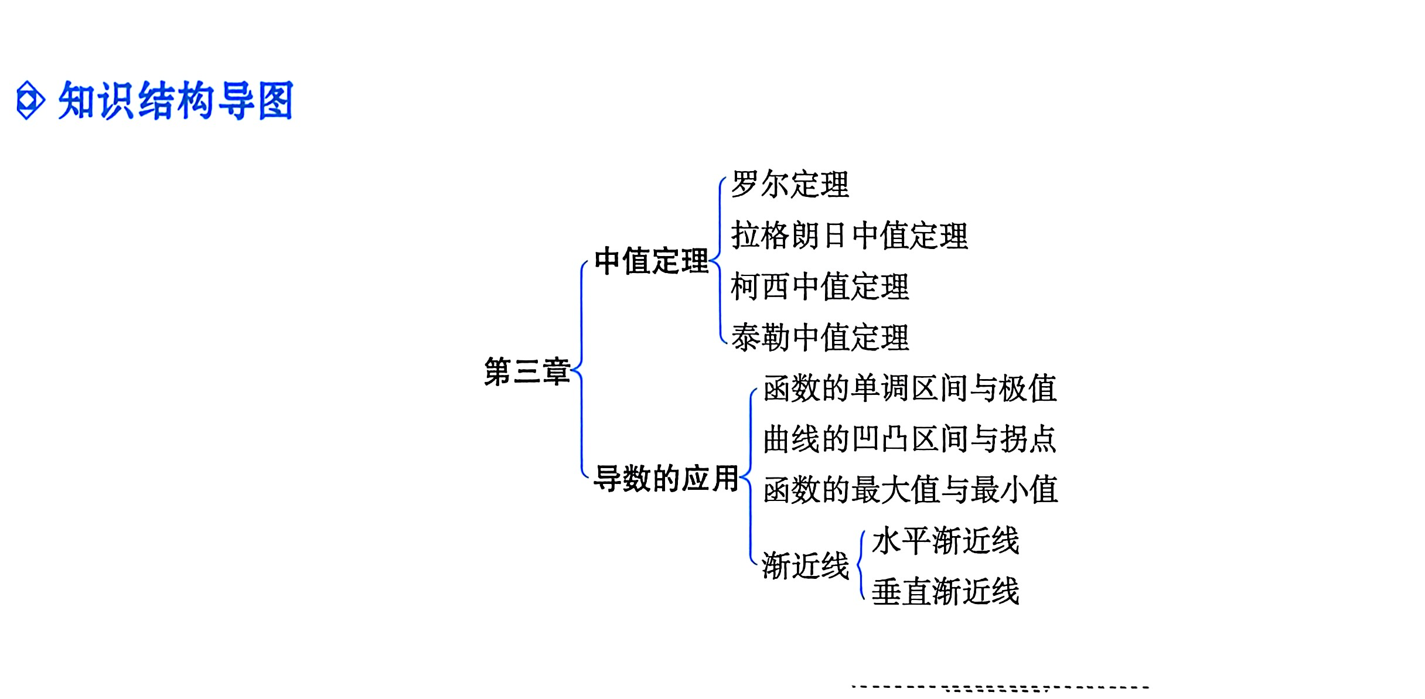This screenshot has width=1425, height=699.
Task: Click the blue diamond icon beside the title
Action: (x=30, y=101)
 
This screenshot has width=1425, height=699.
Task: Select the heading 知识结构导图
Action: (x=175, y=101)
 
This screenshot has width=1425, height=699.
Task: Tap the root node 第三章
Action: (x=527, y=371)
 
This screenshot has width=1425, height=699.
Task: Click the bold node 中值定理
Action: (x=651, y=261)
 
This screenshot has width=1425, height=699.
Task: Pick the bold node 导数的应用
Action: (x=666, y=479)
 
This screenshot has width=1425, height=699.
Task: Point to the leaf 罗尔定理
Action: (x=790, y=185)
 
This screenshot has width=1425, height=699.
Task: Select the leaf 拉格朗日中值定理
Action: (x=849, y=236)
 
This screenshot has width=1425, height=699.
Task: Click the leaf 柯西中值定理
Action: (x=820, y=287)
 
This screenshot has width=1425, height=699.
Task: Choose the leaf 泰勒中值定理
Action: (x=820, y=338)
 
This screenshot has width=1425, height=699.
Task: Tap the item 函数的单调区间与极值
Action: (x=910, y=388)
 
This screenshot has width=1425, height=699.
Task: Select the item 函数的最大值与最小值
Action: (x=911, y=490)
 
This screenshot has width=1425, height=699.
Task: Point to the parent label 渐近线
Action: (x=805, y=566)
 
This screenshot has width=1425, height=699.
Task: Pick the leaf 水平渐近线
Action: (x=945, y=541)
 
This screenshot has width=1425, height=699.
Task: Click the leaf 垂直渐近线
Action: (x=945, y=592)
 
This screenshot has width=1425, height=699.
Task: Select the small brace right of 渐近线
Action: (x=861, y=565)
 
